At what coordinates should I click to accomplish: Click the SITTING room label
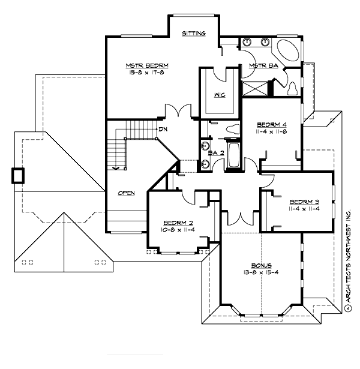[x=194, y=34]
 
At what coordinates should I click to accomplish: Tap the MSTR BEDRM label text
[x=146, y=65]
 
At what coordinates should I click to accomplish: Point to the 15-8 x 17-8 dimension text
[x=146, y=72]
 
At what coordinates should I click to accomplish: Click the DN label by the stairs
[x=163, y=129]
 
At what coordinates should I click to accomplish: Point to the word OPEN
[x=126, y=193]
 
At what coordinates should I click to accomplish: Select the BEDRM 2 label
[x=173, y=222]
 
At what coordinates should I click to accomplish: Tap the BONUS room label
[x=262, y=265]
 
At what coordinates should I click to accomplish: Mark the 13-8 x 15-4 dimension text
[x=262, y=272]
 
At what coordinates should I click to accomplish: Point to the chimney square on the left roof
[x=18, y=175]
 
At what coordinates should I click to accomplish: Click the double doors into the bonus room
[x=240, y=219]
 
